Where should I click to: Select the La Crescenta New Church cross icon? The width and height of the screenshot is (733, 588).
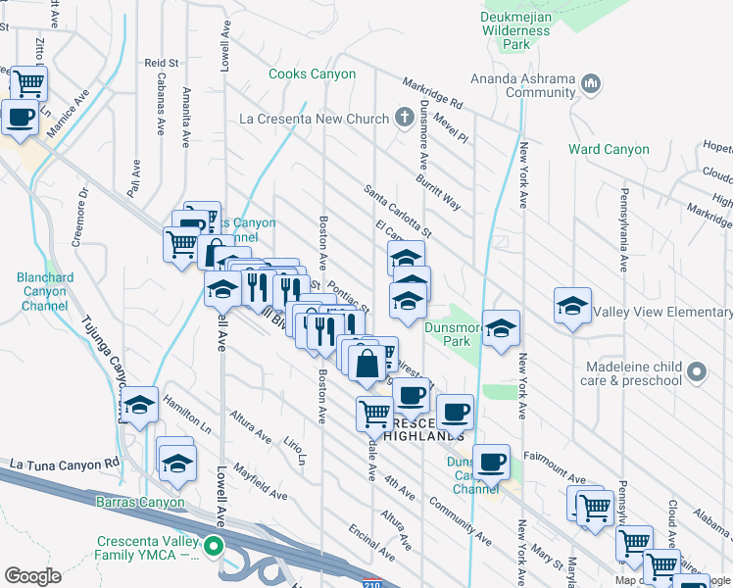[404, 119]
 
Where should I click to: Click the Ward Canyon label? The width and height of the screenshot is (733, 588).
[609, 150]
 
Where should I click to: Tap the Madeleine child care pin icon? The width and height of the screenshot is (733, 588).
[697, 371]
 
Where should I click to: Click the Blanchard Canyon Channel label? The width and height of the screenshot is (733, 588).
[44, 291]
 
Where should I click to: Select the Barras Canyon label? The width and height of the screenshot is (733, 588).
[140, 503]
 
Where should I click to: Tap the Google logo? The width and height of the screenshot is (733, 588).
[31, 576]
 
